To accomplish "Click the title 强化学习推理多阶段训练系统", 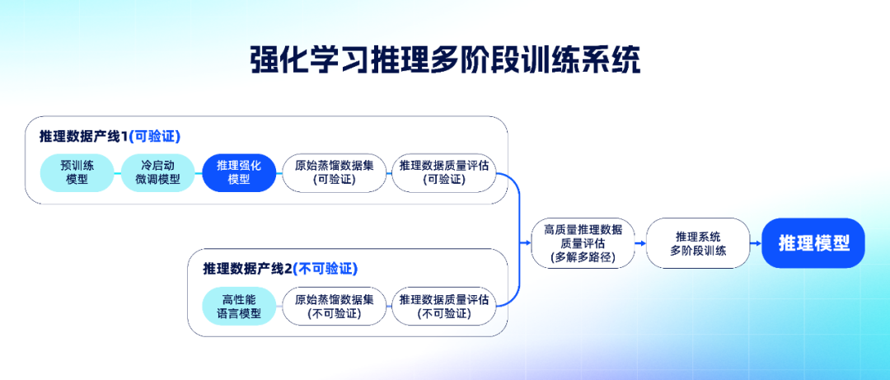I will point(445,60).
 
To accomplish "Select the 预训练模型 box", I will point(77,172).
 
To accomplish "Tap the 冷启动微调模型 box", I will point(157,172).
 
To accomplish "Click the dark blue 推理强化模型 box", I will point(239,172).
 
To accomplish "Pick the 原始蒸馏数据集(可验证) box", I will point(334,172).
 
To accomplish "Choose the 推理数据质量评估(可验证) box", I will point(443,172).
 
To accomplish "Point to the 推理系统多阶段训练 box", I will point(698,243).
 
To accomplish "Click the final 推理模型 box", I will point(813,243).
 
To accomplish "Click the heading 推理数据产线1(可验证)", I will point(110,136).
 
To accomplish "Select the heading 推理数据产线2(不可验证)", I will point(280,269).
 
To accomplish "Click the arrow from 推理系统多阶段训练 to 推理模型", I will point(755,243).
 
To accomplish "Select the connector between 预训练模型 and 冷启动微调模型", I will point(117,172).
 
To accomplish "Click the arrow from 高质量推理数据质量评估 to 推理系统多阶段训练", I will point(640,243).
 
